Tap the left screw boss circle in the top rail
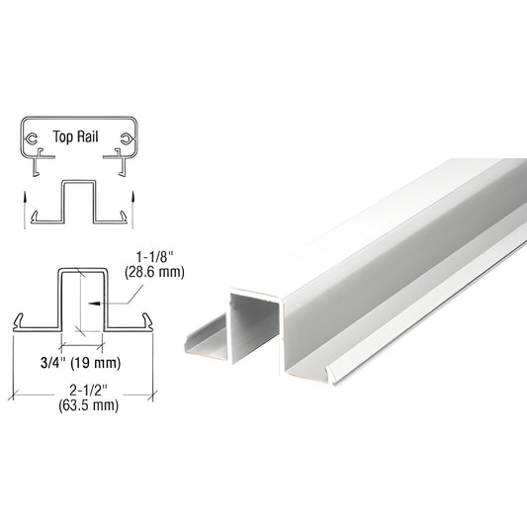point(34,139)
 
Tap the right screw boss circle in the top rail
point(126,139)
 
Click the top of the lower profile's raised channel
point(80,270)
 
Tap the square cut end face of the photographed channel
point(256,326)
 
